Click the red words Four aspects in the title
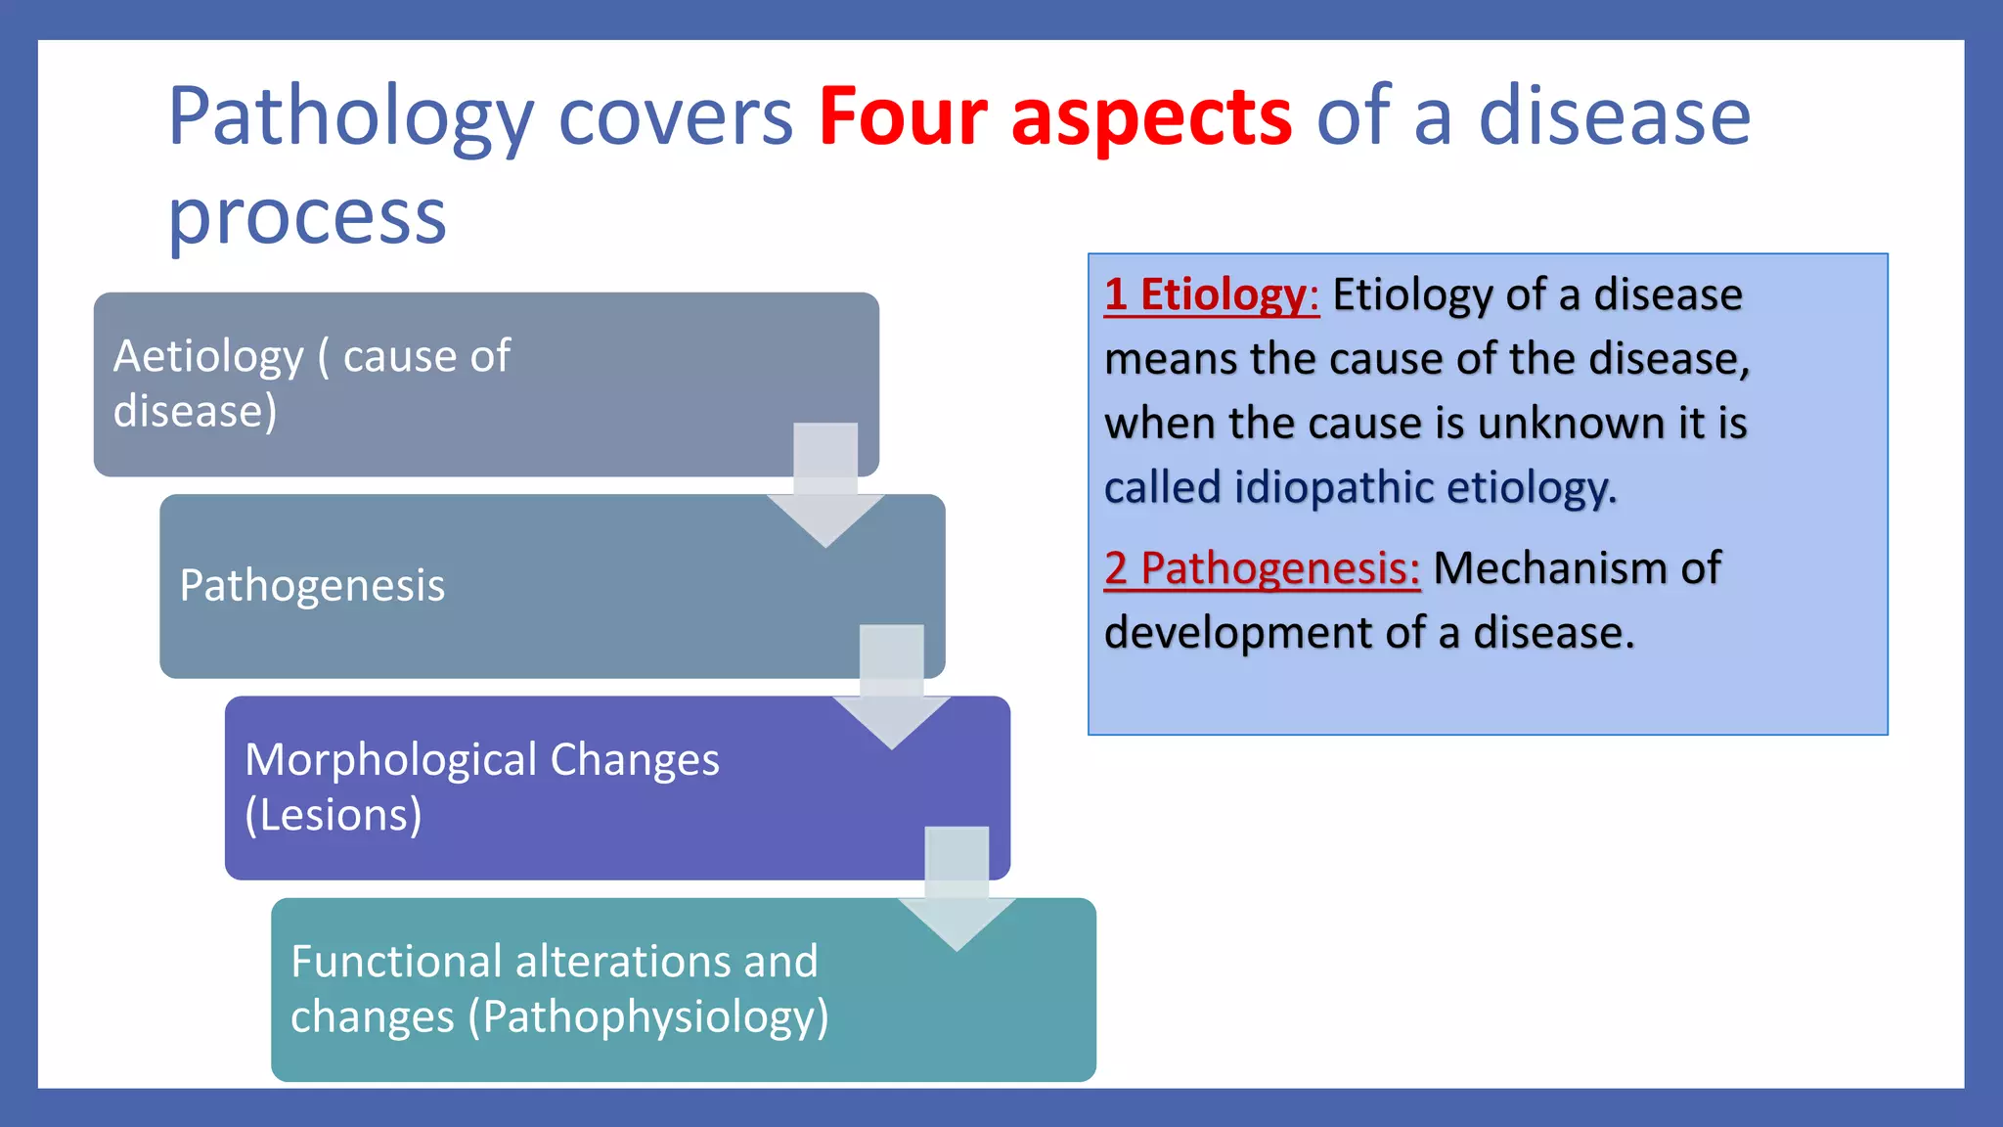click(x=1054, y=117)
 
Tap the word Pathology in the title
click(x=350, y=117)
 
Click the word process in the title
click(x=307, y=217)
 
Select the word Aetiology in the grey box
click(x=208, y=356)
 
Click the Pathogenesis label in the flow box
click(x=312, y=586)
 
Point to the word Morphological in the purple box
click(x=390, y=760)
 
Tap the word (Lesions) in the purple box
click(x=334, y=815)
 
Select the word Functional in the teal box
click(x=396, y=962)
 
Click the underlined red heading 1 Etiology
click(x=1211, y=294)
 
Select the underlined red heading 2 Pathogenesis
click(x=1262, y=568)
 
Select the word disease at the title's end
click(x=1614, y=117)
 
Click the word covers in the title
click(x=675, y=117)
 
